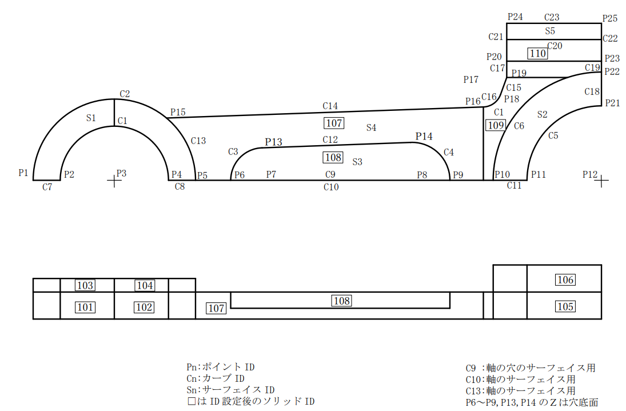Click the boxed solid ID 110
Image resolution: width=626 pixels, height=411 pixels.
coord(538,53)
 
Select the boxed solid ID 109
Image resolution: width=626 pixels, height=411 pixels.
coord(496,125)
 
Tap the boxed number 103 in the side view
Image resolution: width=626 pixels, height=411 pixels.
coord(85,285)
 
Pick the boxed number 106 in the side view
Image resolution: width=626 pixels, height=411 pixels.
coord(565,280)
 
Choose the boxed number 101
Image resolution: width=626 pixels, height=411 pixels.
coord(85,308)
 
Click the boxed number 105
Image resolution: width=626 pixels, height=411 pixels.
coord(565,307)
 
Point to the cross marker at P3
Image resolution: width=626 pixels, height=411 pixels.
coord(114,181)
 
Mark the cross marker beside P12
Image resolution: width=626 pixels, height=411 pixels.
coord(601,181)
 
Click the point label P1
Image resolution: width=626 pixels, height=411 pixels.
coord(23,172)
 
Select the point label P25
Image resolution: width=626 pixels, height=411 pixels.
coord(610,18)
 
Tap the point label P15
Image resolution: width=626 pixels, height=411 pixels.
coord(178,112)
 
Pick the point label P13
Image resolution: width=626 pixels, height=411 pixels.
coord(273,142)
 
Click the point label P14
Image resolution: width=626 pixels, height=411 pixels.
coord(424,136)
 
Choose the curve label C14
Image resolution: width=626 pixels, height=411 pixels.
coord(330,106)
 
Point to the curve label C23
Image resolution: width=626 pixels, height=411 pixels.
coord(552,17)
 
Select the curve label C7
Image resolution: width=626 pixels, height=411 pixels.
coord(47,186)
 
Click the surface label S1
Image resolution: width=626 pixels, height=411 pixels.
coord(91,118)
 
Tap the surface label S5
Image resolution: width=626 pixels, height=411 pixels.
coord(550,30)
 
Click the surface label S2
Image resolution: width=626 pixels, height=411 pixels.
coord(543,114)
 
